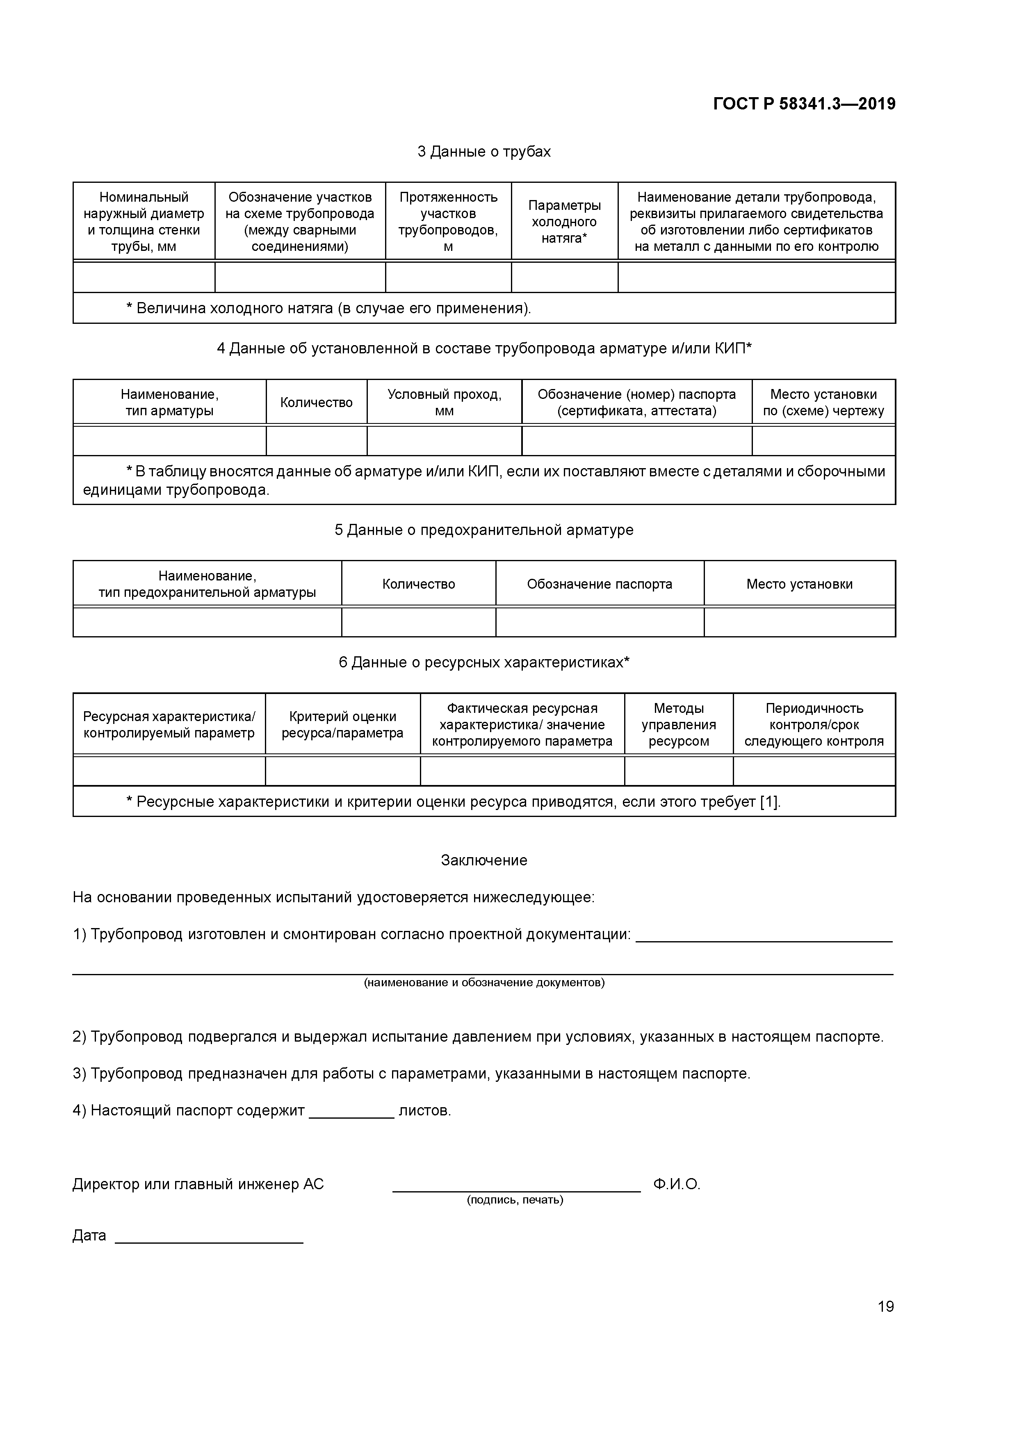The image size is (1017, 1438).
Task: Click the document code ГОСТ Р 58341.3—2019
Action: click(x=804, y=104)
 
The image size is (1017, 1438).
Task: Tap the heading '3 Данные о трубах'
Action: click(x=484, y=152)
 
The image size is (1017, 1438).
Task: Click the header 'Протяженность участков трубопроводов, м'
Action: click(x=448, y=222)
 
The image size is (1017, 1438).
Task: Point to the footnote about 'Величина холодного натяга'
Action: click(x=328, y=308)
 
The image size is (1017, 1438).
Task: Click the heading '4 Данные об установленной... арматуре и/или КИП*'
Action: click(x=484, y=348)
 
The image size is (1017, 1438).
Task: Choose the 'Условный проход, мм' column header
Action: click(x=444, y=402)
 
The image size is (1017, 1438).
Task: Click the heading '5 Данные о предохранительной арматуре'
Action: click(x=484, y=530)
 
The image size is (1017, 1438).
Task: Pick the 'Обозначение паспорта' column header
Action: click(x=599, y=584)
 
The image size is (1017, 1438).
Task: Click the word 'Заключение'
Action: click(x=484, y=860)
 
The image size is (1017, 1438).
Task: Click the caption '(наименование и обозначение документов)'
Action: click(x=484, y=983)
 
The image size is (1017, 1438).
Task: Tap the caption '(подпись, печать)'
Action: click(x=515, y=1200)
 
